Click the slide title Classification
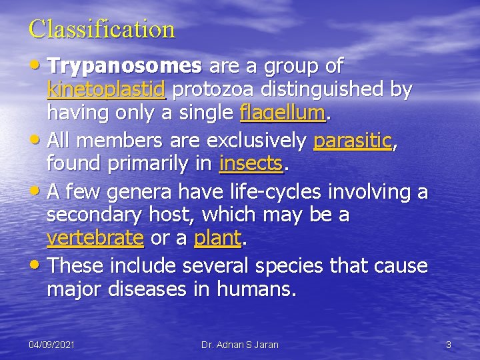(102, 29)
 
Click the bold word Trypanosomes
(125, 66)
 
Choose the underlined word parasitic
(353, 141)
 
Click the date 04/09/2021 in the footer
(51, 345)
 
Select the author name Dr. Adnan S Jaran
(240, 345)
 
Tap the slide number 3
(449, 345)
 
